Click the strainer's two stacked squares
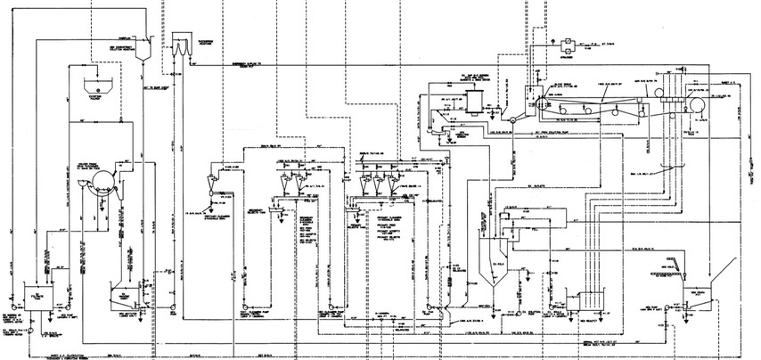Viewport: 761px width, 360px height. click(567, 44)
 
